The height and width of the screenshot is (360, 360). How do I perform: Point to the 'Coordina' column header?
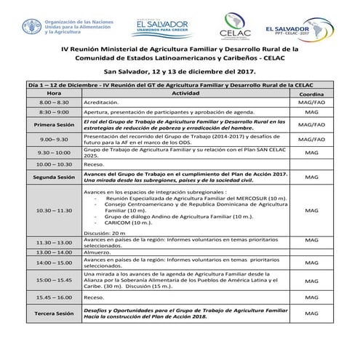tap(311, 95)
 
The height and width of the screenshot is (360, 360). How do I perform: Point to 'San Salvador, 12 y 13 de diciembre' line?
tap(179, 72)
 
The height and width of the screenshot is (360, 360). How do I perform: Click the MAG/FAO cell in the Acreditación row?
tap(311, 104)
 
